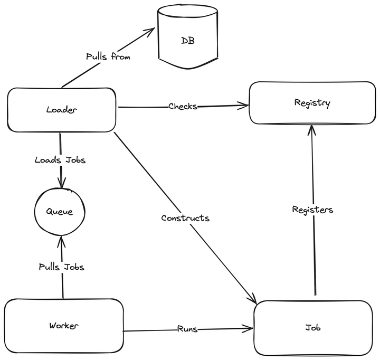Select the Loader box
pos(61,110)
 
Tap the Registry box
pos(312,103)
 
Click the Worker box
pos(63,326)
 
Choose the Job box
pos(312,328)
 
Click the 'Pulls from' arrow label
pos(108,56)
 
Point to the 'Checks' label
pos(183,107)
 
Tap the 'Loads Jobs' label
pos(59,159)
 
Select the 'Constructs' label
pos(185,218)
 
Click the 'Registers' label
pos(312,210)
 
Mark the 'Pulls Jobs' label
pos(61,267)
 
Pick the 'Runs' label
pos(187,329)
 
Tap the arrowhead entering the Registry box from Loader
pos(244,106)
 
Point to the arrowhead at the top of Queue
pos(62,185)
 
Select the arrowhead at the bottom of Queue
pos(61,240)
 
